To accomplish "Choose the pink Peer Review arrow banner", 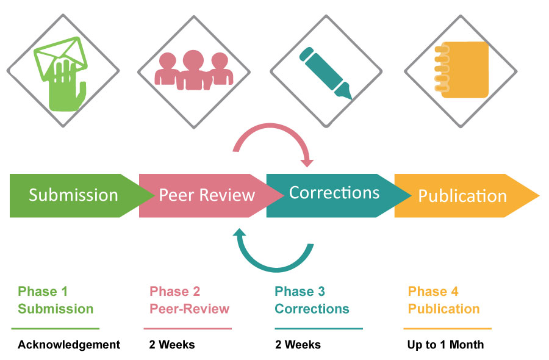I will (x=206, y=195).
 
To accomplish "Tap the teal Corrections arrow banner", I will (x=334, y=194).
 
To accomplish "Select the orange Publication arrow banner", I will (x=462, y=196).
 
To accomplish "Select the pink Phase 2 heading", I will (x=175, y=292).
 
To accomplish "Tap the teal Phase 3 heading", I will (x=300, y=292).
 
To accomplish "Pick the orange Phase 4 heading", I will (x=433, y=292).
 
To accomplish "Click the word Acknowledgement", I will (x=69, y=345).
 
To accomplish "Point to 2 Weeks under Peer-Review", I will (x=172, y=345).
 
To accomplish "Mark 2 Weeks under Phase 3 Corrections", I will (x=298, y=345).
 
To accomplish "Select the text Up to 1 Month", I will (x=445, y=345).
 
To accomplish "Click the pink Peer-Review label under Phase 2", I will (x=190, y=309).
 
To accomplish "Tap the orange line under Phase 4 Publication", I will (x=449, y=329).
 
